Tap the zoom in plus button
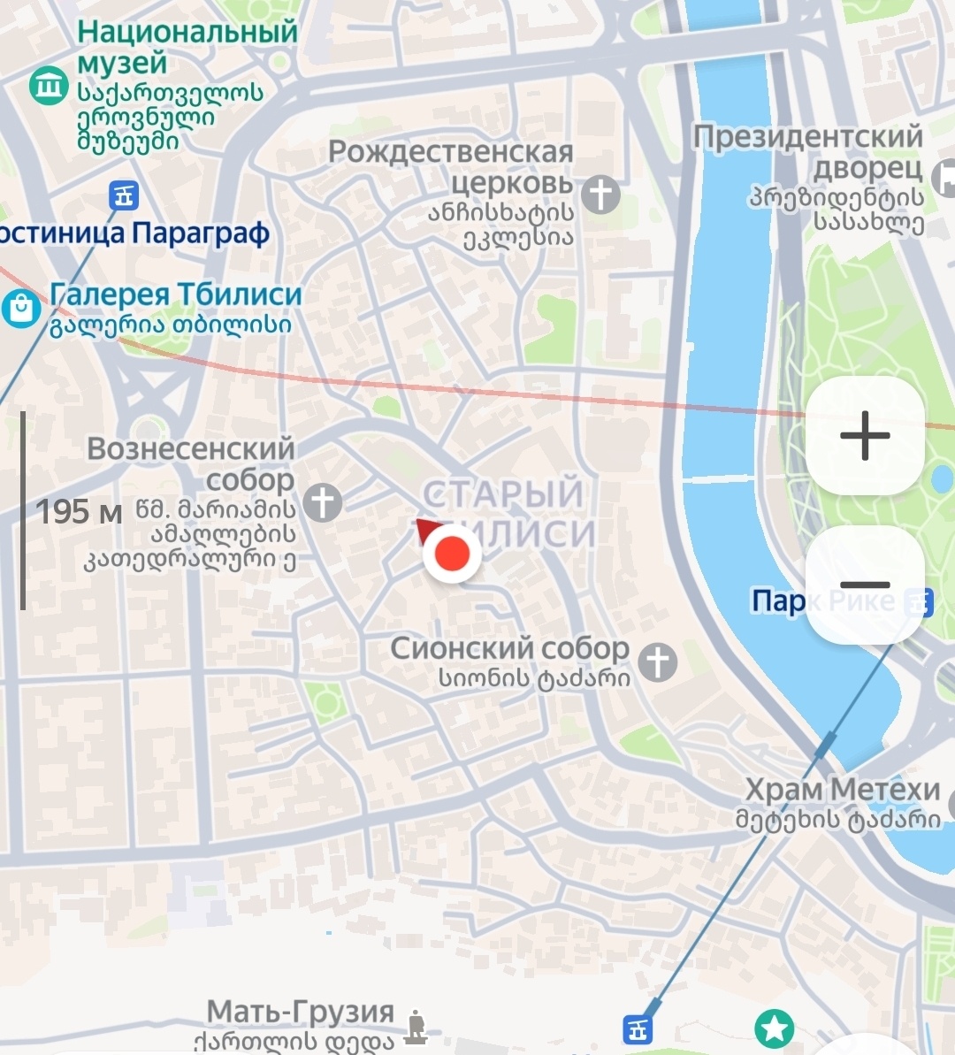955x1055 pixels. (865, 435)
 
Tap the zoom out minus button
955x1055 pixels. (865, 585)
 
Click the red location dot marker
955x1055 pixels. (452, 554)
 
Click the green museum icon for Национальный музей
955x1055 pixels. (48, 86)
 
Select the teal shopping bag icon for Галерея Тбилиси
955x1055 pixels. (19, 308)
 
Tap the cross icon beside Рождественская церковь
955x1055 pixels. (600, 195)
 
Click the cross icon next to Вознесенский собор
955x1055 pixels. (323, 502)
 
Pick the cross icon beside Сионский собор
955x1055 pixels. (658, 661)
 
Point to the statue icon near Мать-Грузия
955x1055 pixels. (416, 1027)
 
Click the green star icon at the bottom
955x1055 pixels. (775, 1028)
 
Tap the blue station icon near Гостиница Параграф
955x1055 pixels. (124, 195)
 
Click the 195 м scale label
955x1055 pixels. (79, 512)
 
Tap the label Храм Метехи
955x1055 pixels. (842, 789)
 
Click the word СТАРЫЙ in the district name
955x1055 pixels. (503, 493)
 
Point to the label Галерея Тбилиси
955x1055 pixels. (176, 294)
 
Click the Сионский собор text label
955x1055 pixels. (509, 648)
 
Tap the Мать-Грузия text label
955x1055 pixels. (300, 1012)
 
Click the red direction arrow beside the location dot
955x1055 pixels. (427, 530)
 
